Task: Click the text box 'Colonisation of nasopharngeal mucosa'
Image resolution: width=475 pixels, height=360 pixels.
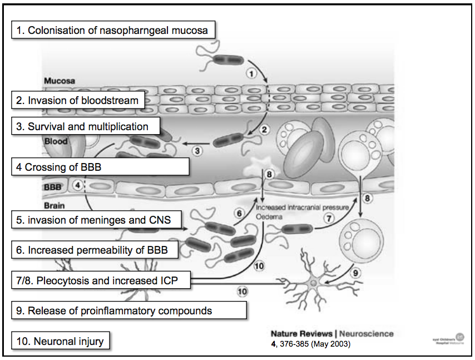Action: click(113, 30)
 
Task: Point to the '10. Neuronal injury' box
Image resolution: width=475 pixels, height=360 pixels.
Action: click(61, 341)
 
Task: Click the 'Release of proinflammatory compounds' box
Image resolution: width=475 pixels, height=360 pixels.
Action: click(128, 310)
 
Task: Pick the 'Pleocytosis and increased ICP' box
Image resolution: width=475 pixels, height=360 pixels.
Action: click(101, 280)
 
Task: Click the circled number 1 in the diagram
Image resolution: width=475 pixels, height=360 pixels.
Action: click(251, 73)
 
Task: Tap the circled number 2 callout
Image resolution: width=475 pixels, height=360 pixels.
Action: click(265, 130)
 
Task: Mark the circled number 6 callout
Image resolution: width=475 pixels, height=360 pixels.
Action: click(240, 213)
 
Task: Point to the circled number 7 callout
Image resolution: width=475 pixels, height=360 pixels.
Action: click(329, 219)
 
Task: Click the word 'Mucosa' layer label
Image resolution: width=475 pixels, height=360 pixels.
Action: click(60, 81)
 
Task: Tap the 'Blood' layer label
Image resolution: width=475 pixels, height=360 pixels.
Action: click(56, 141)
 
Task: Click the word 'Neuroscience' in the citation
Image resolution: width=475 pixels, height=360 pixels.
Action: click(367, 334)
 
